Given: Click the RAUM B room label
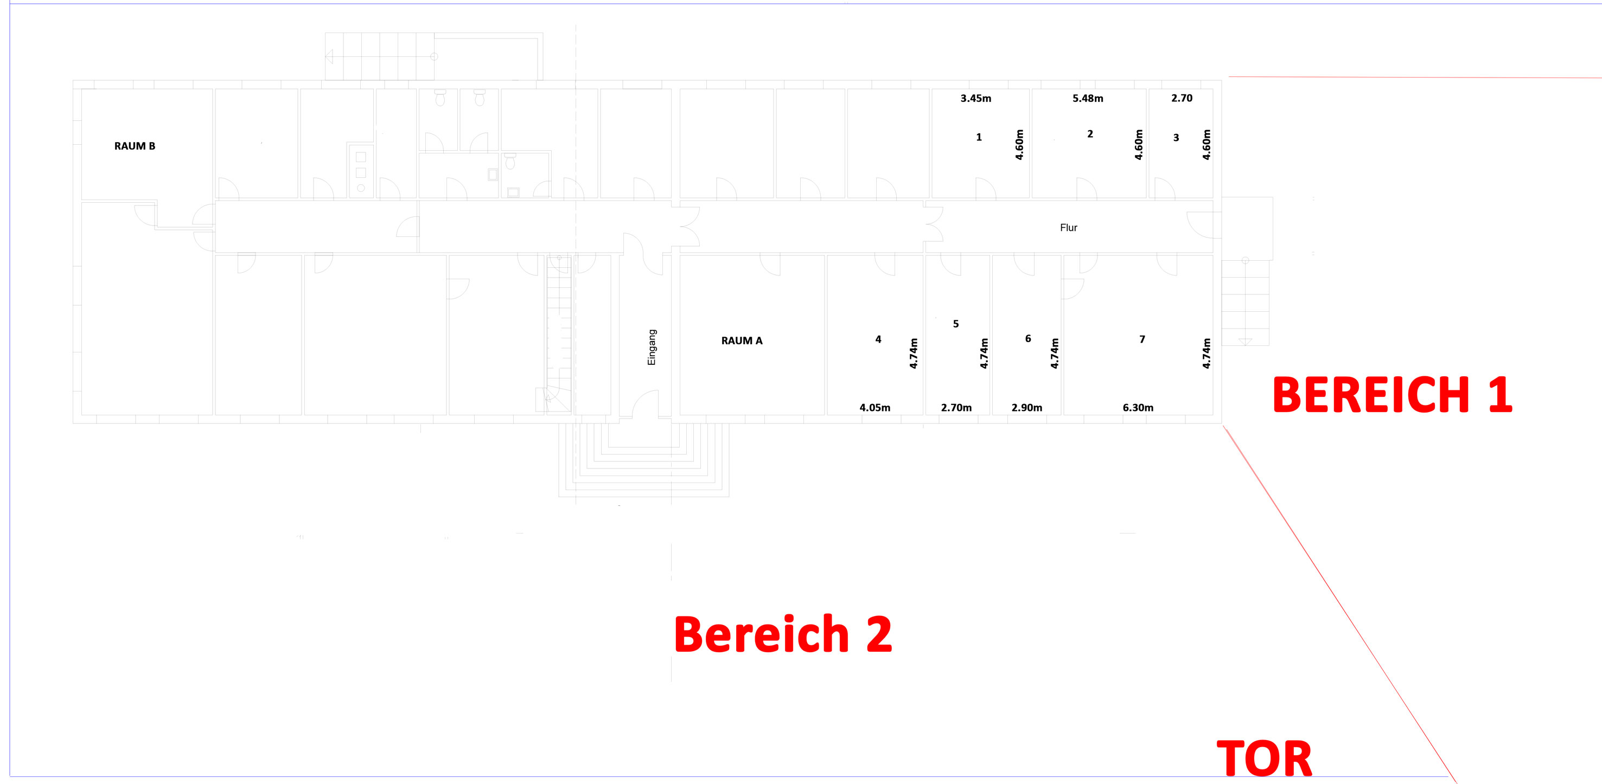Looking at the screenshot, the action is (x=135, y=146).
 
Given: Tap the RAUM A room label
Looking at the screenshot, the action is (x=741, y=340).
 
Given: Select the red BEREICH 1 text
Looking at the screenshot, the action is (x=1392, y=395).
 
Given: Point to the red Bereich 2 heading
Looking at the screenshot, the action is (x=783, y=634).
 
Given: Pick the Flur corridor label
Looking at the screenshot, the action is (x=1068, y=228).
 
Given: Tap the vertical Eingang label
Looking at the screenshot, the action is (x=652, y=347).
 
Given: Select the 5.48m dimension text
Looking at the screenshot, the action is (x=1088, y=98).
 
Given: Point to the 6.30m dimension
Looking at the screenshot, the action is (x=1138, y=408).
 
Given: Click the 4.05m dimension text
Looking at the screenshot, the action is (x=875, y=408).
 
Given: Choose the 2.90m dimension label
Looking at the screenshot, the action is (x=1026, y=408).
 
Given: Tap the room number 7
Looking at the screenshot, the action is (x=1142, y=339).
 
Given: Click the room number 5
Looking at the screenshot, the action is (x=956, y=324).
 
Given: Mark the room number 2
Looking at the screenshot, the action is (x=1089, y=134).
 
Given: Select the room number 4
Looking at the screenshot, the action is (x=878, y=339).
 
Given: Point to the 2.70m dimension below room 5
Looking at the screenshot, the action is (x=956, y=408).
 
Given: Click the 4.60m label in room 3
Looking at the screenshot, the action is (x=1206, y=145).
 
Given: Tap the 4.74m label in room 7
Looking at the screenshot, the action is (x=1206, y=353).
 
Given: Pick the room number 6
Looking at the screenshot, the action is (x=1028, y=339).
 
